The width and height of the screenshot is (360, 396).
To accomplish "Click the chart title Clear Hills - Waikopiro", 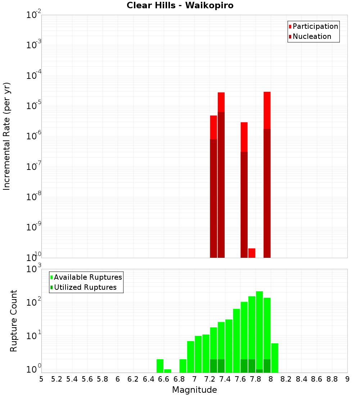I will [180, 6].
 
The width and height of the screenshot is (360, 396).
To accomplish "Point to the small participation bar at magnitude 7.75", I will [252, 253].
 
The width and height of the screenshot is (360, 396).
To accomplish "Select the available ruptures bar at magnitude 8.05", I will [275, 358].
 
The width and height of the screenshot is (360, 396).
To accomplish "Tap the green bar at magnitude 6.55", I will [160, 366].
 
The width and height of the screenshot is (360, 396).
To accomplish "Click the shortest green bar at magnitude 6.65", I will [167, 371].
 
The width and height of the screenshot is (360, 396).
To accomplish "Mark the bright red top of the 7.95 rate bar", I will [267, 110].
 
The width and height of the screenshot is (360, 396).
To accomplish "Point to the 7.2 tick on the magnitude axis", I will [210, 379].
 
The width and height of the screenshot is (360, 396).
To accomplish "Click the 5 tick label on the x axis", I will [41, 379].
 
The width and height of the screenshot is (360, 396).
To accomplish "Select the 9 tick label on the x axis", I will [347, 379].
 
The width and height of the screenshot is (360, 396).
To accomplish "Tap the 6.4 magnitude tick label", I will [148, 379].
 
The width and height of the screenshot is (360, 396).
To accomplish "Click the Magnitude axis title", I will [194, 390].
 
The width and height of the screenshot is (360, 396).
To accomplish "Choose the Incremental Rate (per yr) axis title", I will [7, 136].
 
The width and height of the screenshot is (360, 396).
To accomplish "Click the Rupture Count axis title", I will [14, 321].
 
